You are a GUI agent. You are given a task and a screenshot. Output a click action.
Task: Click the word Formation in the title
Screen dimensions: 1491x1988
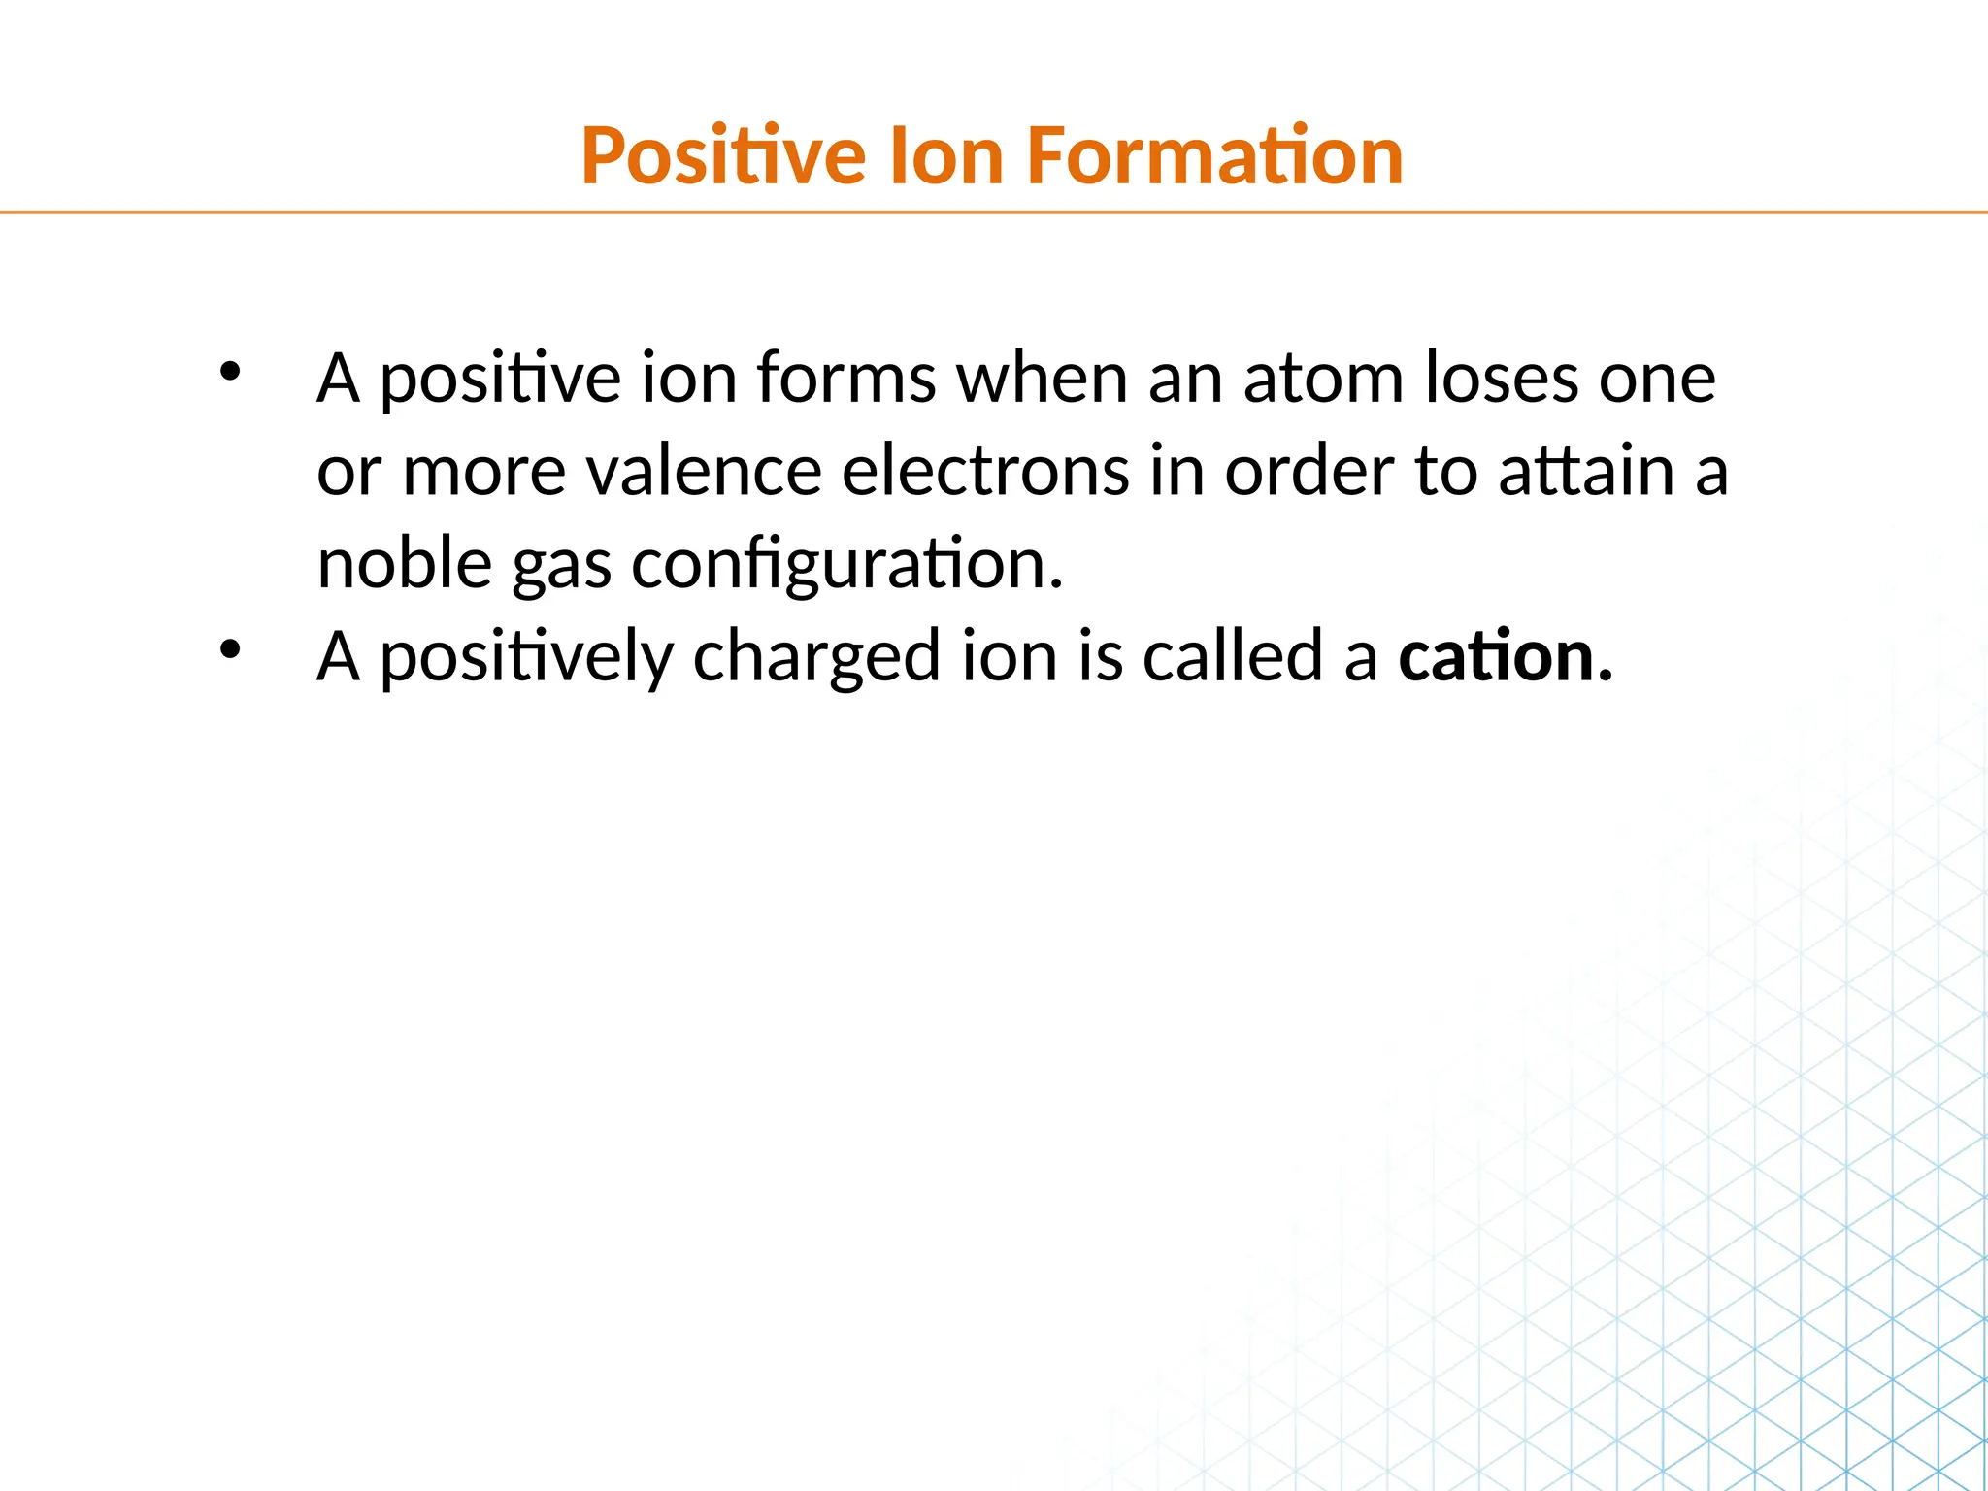click(x=1214, y=156)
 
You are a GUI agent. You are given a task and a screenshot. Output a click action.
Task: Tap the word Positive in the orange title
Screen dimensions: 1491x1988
click(x=723, y=156)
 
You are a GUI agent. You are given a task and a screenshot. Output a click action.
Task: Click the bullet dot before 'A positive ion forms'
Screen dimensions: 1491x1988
click(x=230, y=372)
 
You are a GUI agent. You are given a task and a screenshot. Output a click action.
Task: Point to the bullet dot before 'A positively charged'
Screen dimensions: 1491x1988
click(x=230, y=650)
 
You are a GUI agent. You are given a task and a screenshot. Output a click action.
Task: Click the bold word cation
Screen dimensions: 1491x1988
click(x=1505, y=657)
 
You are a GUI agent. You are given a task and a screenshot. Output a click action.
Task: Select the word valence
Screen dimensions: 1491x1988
click(x=705, y=472)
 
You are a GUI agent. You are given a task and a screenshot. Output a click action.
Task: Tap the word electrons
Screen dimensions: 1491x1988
click(x=985, y=472)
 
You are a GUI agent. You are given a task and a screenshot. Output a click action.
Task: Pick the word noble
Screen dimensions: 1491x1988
click(x=405, y=564)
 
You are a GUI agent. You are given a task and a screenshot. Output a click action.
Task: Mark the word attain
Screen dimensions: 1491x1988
click(x=1585, y=472)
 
